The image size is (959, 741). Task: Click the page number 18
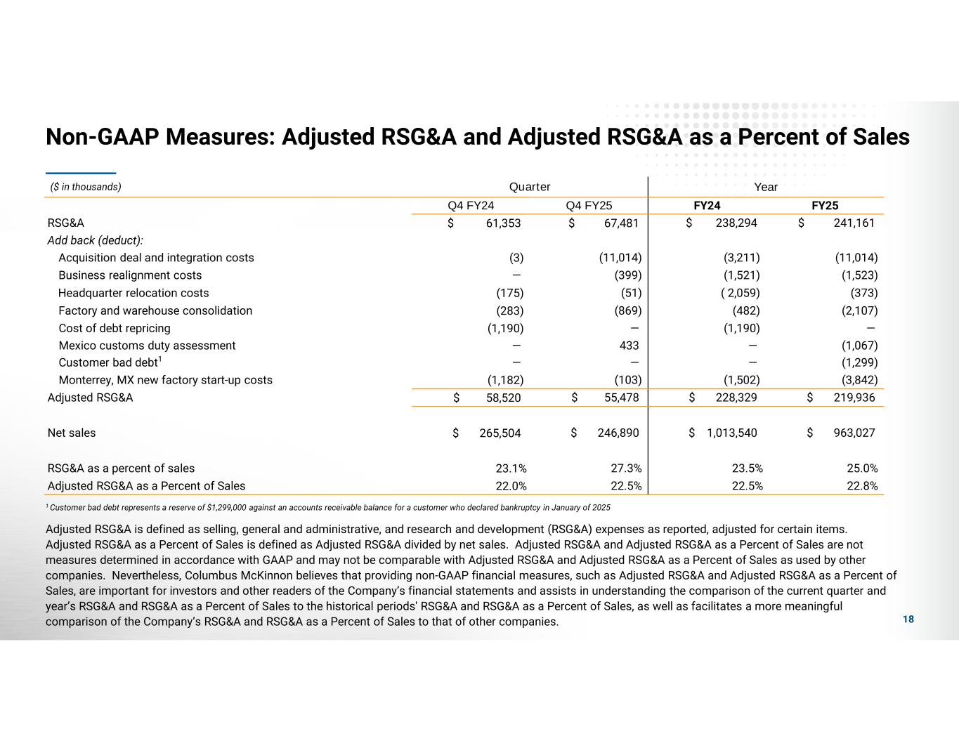(x=908, y=619)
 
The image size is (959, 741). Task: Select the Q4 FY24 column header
(x=471, y=206)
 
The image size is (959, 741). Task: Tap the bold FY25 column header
(x=825, y=206)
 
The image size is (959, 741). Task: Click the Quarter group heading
(x=530, y=187)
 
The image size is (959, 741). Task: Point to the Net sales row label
(x=72, y=433)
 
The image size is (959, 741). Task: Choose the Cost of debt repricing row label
(x=115, y=328)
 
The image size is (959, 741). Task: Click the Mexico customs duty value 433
(x=629, y=346)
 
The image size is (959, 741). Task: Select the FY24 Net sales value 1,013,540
(x=732, y=433)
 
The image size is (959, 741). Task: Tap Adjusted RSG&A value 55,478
(x=621, y=398)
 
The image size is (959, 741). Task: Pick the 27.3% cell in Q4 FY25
(x=627, y=468)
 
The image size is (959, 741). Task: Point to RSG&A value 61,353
(x=503, y=223)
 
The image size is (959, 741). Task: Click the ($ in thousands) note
(x=86, y=187)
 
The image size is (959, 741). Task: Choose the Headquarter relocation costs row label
(x=133, y=293)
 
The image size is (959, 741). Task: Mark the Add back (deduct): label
(x=96, y=240)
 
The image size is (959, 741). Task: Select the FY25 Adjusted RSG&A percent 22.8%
(x=863, y=485)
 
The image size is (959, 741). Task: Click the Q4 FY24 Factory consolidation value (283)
(x=510, y=310)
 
